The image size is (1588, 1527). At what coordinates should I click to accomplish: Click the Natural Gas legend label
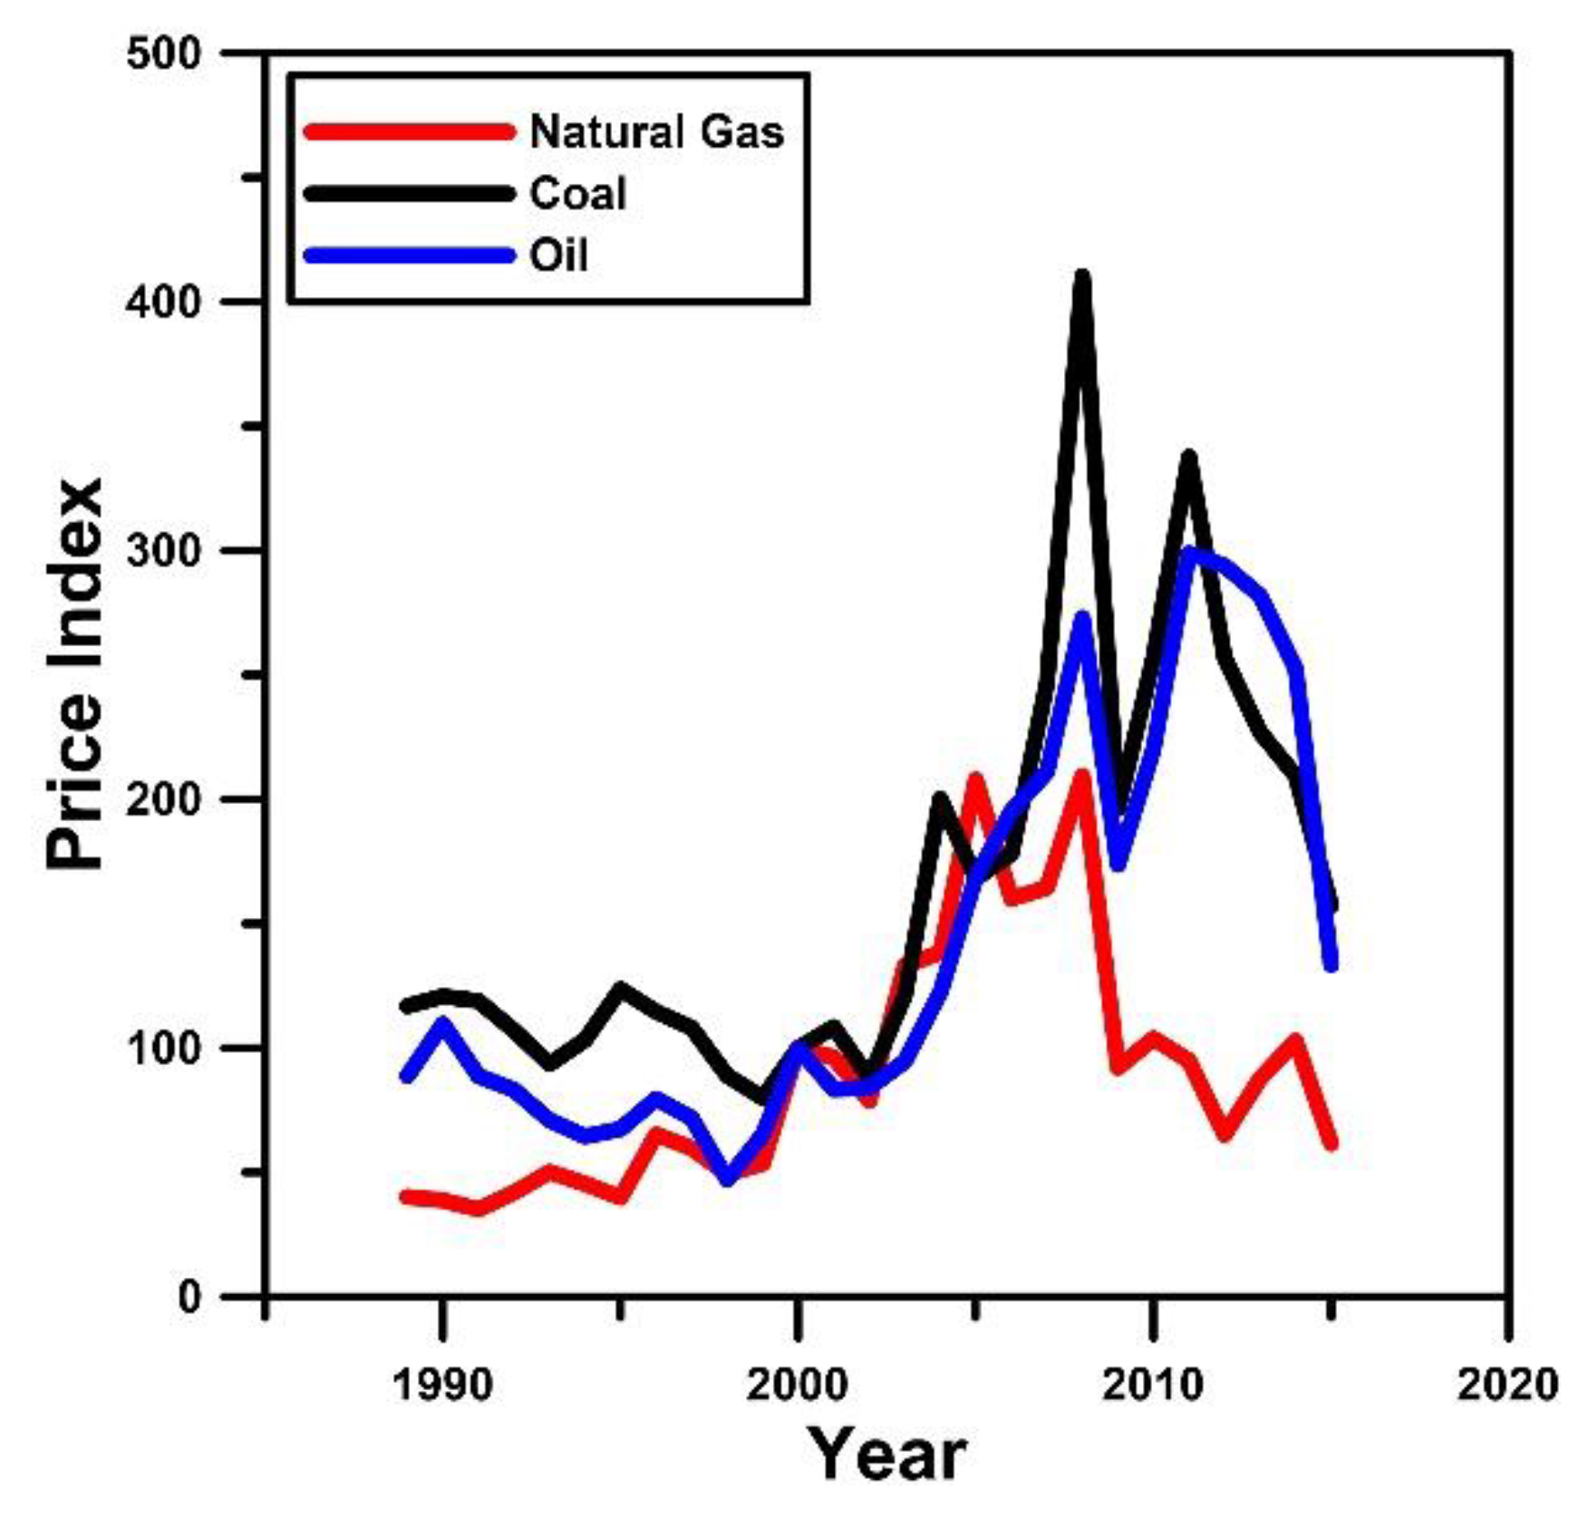pos(656,132)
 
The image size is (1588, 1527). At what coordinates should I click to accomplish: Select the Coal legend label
pos(577,194)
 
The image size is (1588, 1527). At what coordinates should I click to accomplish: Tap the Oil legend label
pos(558,256)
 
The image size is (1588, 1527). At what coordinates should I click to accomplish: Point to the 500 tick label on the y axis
pos(163,53)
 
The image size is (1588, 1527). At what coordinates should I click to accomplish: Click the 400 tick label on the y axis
pos(163,302)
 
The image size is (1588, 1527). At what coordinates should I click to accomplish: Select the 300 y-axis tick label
pos(163,551)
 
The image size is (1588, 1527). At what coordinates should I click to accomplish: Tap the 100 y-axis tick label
pos(163,1049)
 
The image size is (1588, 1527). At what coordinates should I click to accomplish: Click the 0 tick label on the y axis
pos(189,1297)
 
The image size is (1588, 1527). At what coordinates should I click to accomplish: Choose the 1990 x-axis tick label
pos(442,1384)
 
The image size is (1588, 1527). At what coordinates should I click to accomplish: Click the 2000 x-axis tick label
pos(797,1384)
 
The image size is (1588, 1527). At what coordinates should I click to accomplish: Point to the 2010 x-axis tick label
pos(1152,1384)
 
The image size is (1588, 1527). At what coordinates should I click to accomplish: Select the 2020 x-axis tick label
pos(1506,1384)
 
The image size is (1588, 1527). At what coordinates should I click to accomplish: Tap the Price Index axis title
pos(74,675)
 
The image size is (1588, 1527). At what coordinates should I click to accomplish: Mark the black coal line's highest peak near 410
pos(1081,275)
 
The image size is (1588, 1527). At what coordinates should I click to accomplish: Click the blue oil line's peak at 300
pos(1188,551)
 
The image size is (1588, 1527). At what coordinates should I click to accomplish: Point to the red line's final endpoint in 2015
pos(1331,1144)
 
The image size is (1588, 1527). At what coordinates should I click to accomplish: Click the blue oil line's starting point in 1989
pos(407,1077)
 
